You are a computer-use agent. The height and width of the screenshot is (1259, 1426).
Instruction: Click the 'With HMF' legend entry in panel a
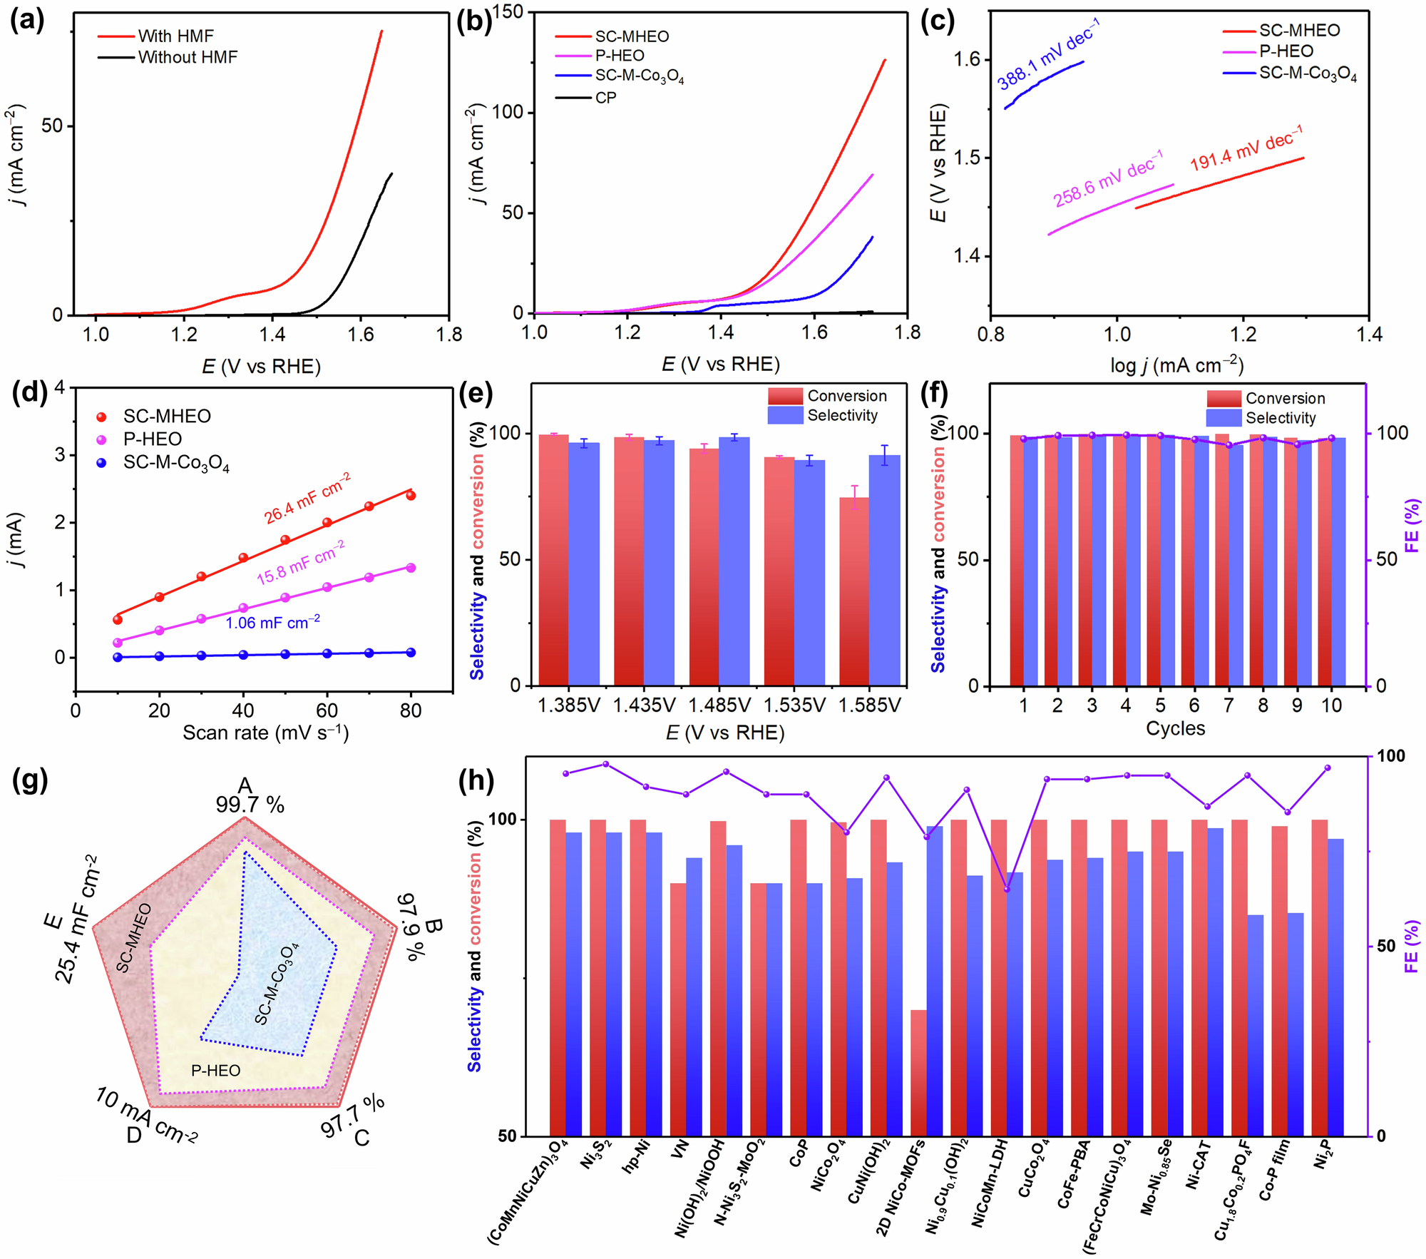pyautogui.click(x=175, y=36)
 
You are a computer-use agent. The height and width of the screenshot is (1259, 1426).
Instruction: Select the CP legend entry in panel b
pyautogui.click(x=605, y=98)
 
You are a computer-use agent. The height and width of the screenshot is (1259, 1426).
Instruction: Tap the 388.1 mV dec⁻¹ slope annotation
pyautogui.click(x=1048, y=55)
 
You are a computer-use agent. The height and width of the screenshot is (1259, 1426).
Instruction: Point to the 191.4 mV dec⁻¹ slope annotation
pyautogui.click(x=1246, y=148)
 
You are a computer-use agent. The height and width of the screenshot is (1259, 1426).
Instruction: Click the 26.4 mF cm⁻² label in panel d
pyautogui.click(x=307, y=499)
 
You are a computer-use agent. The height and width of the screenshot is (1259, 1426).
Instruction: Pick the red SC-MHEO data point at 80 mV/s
pyautogui.click(x=411, y=496)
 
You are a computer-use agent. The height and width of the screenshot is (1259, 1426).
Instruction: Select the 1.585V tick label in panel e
pyautogui.click(x=869, y=705)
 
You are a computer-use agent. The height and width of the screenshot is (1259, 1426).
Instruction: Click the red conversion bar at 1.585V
pyautogui.click(x=854, y=592)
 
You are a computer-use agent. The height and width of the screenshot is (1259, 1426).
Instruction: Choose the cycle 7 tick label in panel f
pyautogui.click(x=1228, y=705)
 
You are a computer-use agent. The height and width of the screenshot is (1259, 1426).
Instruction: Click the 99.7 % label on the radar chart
pyautogui.click(x=250, y=805)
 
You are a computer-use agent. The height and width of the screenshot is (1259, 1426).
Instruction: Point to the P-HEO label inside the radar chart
pyautogui.click(x=215, y=1071)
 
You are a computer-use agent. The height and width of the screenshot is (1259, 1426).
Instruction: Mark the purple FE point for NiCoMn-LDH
pyautogui.click(x=1007, y=890)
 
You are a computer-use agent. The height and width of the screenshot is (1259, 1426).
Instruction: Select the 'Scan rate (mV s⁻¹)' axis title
pyautogui.click(x=265, y=733)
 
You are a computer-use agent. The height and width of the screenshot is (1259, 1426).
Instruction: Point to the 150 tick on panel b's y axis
pyautogui.click(x=508, y=12)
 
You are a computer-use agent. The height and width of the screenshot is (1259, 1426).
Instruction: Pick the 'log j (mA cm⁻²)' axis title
pyautogui.click(x=1176, y=366)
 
